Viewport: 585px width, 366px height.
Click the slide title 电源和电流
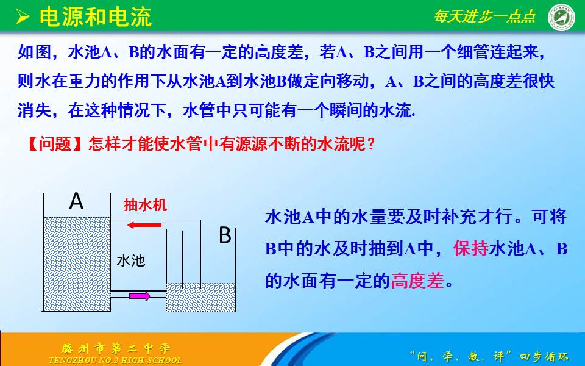point(96,17)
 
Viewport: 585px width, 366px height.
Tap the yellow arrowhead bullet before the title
point(23,17)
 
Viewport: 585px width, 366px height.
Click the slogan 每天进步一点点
point(485,16)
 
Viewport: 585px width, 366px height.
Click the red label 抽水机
point(145,205)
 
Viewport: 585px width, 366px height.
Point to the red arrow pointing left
point(144,225)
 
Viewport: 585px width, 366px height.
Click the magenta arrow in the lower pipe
point(140,296)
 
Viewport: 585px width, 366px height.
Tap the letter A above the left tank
point(76,201)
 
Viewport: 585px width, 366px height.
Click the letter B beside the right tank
point(225,235)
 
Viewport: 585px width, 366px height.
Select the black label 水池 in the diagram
point(130,260)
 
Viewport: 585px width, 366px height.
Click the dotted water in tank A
point(77,264)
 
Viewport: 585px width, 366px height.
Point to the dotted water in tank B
point(200,297)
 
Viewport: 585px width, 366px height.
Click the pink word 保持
point(471,248)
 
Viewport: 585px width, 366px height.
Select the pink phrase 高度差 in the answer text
point(417,280)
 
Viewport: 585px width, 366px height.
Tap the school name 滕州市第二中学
point(116,348)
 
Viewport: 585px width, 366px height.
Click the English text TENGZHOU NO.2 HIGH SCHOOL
point(116,361)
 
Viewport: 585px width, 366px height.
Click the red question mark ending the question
point(370,144)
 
